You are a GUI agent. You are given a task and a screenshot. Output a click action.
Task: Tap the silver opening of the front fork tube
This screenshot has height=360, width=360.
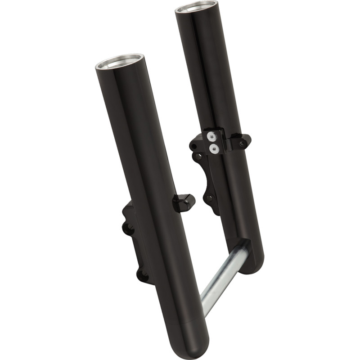tap(120, 62)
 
